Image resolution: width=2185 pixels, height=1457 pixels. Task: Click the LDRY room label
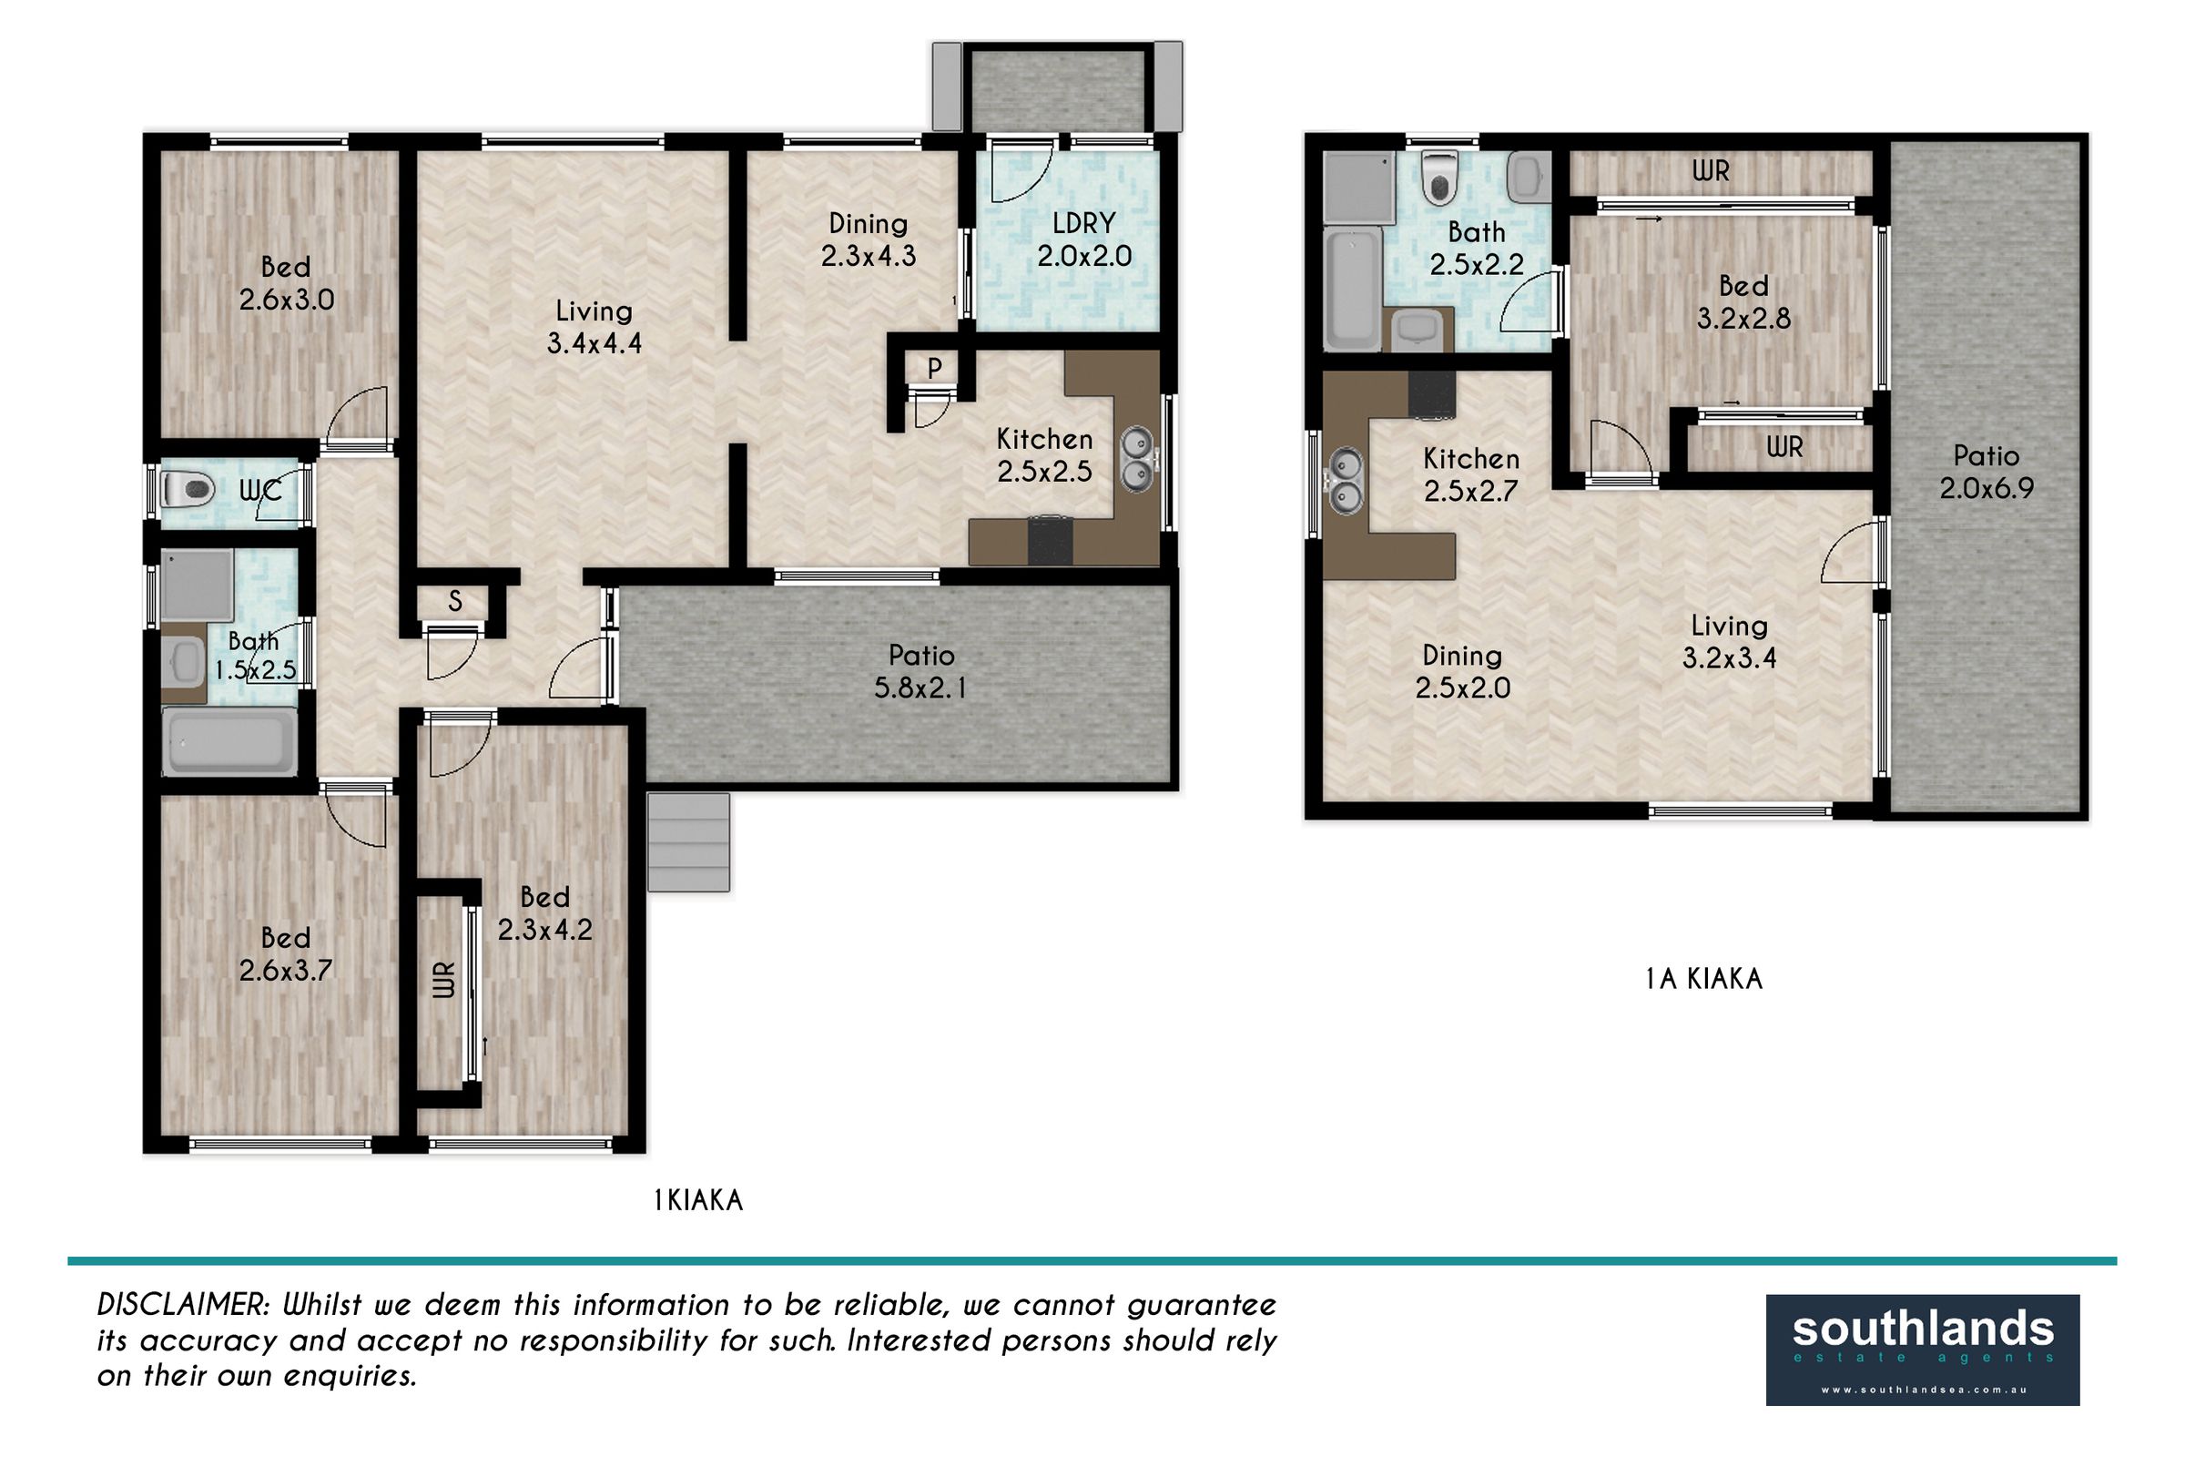point(1084,224)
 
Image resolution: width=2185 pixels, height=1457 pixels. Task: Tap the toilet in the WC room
point(188,489)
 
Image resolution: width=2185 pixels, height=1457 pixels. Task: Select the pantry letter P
point(935,369)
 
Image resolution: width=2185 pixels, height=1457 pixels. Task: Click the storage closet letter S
point(455,602)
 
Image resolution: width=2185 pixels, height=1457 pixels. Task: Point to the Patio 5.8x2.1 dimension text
point(920,688)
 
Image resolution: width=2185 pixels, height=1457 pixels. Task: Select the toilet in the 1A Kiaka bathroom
point(1439,178)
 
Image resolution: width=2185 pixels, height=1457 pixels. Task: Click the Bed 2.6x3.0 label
point(286,283)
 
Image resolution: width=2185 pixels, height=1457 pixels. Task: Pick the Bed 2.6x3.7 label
point(286,954)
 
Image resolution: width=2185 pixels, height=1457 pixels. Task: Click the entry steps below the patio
point(688,841)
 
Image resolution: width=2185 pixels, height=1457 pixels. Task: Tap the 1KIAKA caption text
point(698,1200)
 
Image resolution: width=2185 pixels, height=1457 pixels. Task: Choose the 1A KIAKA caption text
point(1703,978)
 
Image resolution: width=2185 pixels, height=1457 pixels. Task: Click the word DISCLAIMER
point(182,1305)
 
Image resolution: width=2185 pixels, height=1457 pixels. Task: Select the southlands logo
point(1923,1350)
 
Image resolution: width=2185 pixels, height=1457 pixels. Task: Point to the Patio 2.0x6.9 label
point(1987,472)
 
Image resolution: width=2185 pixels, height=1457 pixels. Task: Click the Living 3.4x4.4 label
point(594,327)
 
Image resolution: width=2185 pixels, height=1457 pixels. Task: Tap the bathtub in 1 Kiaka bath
point(229,740)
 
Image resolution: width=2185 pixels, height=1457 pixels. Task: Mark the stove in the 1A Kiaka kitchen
point(1431,394)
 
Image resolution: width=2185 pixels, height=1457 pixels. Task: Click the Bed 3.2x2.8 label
point(1743,302)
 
